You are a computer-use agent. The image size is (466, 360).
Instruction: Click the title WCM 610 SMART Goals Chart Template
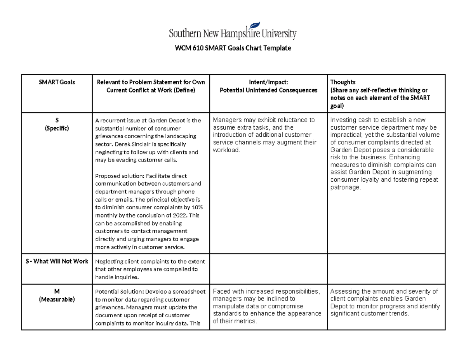pos(233,49)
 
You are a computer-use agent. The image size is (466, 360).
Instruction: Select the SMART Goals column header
pos(57,82)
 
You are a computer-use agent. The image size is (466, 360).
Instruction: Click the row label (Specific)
pos(57,129)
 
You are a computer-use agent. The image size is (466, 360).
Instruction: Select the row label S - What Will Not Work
pos(57,261)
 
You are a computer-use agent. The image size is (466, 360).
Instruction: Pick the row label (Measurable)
pos(57,299)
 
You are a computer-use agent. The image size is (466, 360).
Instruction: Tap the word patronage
pos(345,188)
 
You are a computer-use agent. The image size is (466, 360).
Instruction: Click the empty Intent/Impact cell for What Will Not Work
pos(268,269)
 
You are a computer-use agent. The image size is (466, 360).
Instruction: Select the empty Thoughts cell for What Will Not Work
pos(386,269)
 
